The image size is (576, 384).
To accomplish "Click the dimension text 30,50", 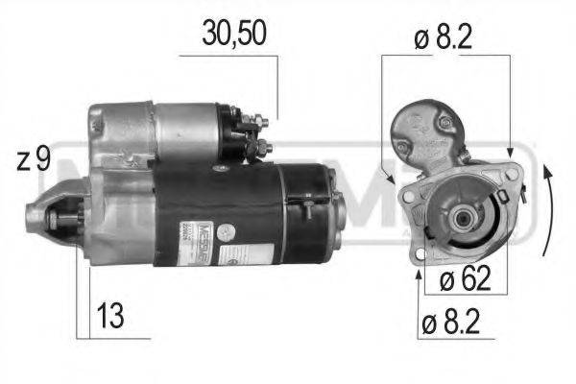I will (x=234, y=32).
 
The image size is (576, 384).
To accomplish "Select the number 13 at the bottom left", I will (x=111, y=314).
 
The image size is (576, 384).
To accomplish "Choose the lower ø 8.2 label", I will (x=460, y=324).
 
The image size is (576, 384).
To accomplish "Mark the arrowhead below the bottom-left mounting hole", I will (x=418, y=276).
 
